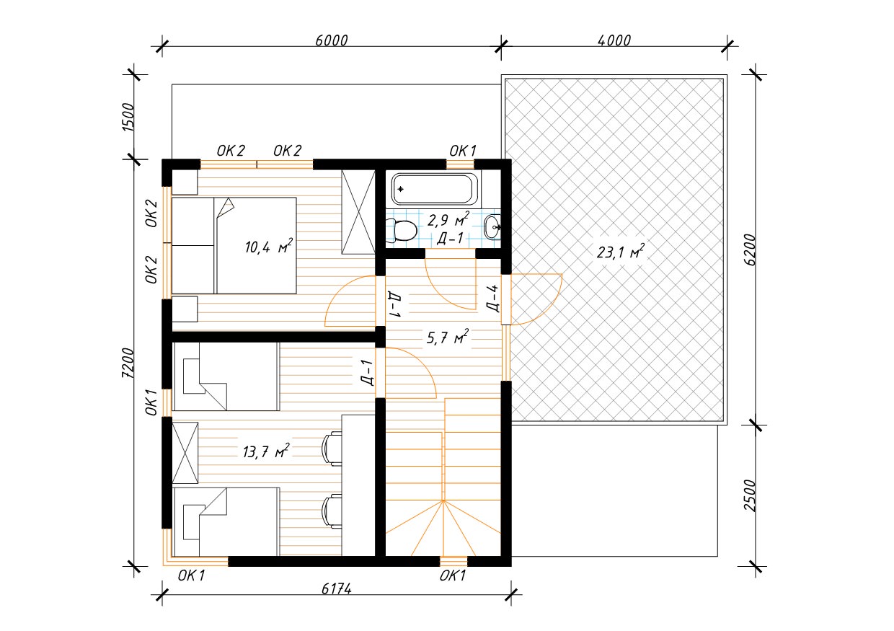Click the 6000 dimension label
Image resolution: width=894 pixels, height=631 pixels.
tap(331, 40)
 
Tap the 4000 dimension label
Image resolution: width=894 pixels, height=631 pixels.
tap(614, 40)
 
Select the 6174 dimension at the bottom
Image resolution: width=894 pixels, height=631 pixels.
tap(337, 589)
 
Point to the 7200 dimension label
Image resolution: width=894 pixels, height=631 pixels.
tap(128, 363)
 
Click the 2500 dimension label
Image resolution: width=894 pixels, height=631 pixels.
tap(751, 495)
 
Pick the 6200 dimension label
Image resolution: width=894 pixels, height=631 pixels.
tap(751, 250)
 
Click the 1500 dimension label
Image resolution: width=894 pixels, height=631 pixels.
tap(128, 117)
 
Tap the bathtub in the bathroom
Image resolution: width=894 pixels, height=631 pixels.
tap(435, 189)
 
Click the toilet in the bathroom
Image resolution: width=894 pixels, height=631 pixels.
tap(404, 231)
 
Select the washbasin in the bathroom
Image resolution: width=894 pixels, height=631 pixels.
tap(492, 227)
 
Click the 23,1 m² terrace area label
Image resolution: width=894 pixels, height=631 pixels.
tap(621, 252)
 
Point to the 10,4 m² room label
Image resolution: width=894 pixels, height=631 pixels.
tap(269, 246)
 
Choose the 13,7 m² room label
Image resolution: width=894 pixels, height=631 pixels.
tap(266, 451)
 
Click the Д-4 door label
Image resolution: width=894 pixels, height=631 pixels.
tap(493, 298)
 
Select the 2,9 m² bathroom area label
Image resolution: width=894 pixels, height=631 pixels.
tap(448, 219)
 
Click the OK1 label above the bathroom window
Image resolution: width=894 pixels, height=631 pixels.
tap(463, 151)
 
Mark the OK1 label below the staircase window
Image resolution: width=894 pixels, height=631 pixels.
tap(453, 576)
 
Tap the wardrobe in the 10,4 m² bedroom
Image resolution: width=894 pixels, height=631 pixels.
tap(358, 212)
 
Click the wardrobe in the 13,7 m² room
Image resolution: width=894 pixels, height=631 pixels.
tap(185, 453)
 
